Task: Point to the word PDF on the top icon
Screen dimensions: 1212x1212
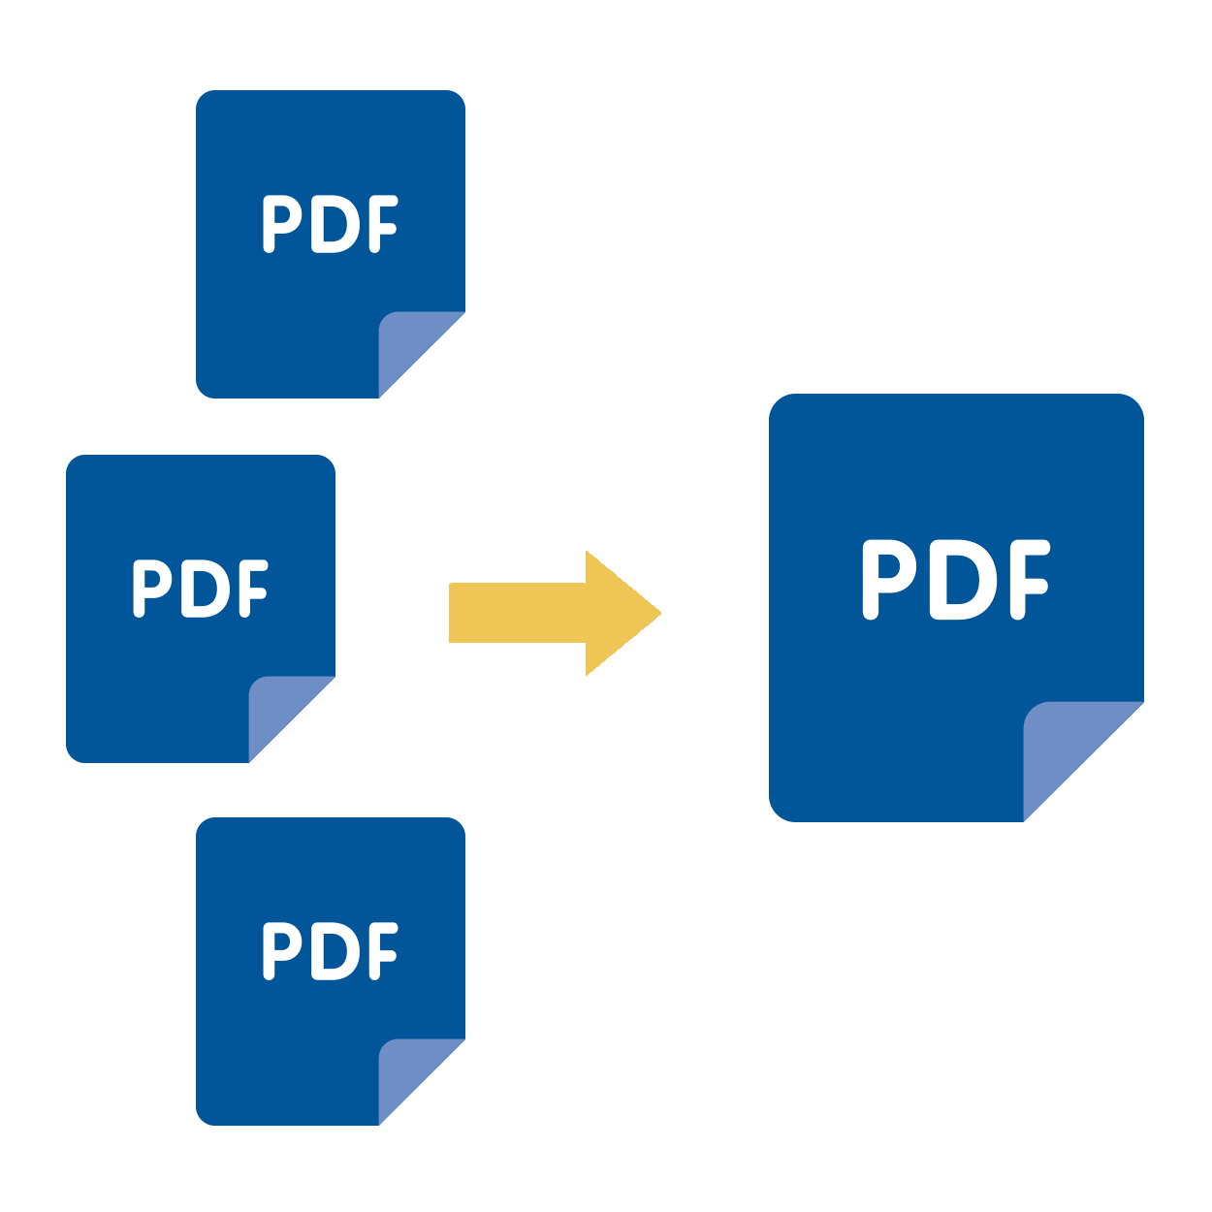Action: pos(330,224)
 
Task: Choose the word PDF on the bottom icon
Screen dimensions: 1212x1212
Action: pos(330,951)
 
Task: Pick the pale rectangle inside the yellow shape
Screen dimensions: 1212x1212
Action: pos(555,613)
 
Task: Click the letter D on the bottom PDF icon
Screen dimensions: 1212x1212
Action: pos(332,951)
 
